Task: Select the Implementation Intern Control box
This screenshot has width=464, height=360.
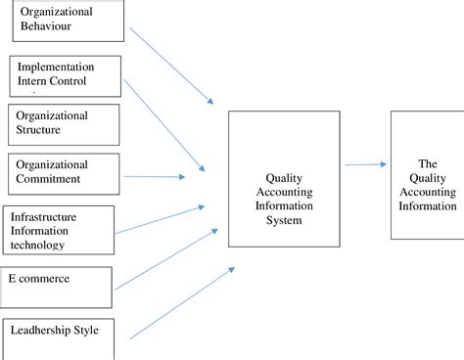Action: [x=67, y=75]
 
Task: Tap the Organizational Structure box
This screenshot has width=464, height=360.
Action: [x=64, y=123]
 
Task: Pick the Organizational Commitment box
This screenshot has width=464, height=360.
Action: [x=64, y=172]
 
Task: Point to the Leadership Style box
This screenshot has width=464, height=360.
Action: [x=64, y=338]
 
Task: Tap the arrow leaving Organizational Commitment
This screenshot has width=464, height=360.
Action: [x=155, y=177]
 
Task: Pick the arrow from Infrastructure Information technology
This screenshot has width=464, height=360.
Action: [x=160, y=220]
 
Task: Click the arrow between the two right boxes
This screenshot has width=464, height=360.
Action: [x=362, y=164]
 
